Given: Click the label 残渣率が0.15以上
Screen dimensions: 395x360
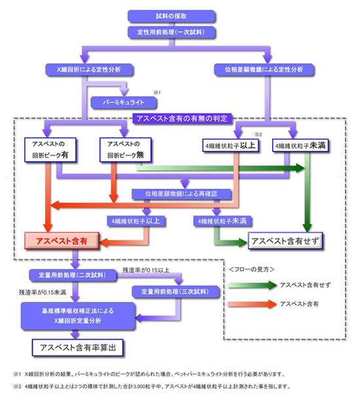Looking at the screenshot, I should [x=145, y=269].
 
